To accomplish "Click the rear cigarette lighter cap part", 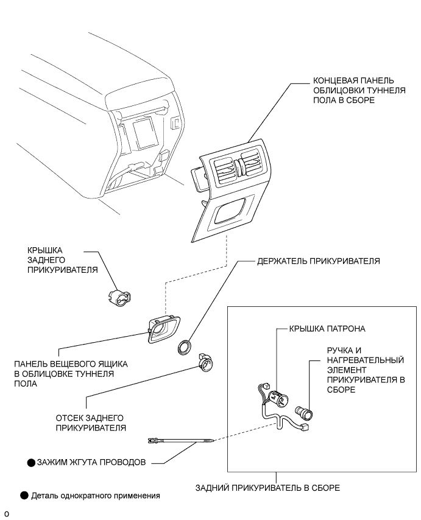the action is point(120,297).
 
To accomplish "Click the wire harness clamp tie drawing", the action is point(180,440).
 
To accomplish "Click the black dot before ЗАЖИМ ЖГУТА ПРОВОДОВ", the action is point(31,462).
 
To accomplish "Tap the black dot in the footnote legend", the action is point(24,496).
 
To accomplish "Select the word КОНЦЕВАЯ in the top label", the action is point(333,80).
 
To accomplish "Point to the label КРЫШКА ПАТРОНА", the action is point(327,329).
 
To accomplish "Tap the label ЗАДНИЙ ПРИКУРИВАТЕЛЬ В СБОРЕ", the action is point(267,488).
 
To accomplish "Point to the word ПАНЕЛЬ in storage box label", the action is point(29,364).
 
